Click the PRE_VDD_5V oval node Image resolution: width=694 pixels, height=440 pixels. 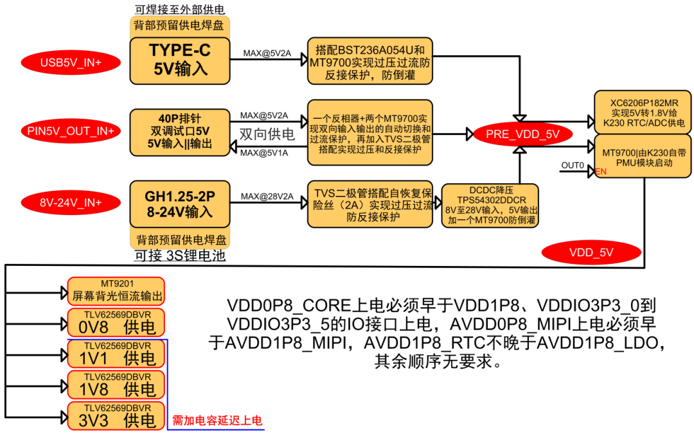522,134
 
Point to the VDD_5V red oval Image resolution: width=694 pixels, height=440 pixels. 592,252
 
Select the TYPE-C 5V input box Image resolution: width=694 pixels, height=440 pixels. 179,60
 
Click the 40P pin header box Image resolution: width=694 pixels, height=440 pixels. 179,131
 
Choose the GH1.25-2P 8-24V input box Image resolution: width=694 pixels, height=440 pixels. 179,203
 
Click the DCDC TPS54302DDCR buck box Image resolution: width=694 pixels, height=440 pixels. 490,206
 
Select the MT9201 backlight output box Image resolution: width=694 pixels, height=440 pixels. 116,291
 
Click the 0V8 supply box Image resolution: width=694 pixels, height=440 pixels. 116,322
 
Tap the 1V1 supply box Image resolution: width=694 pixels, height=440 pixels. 116,353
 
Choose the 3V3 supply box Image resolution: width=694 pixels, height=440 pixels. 116,415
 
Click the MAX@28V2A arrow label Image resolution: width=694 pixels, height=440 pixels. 267,196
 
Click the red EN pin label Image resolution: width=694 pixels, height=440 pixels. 601,172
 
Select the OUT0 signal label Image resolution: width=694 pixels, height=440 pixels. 573,165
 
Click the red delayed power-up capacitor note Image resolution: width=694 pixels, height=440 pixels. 217,421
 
